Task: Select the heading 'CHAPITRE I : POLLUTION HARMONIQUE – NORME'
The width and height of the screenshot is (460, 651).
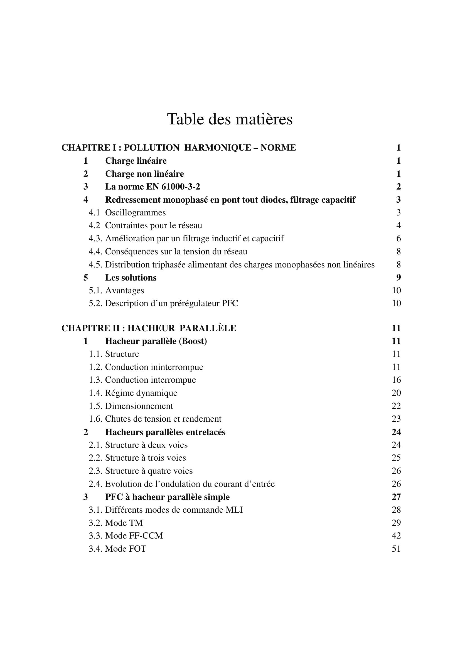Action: pos(179,148)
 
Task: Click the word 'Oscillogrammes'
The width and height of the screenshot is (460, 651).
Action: pos(135,213)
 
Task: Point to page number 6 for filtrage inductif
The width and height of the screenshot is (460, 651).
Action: pos(398,239)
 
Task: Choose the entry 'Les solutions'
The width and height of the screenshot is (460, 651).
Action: pos(131,277)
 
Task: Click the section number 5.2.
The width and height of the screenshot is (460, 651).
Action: pos(95,303)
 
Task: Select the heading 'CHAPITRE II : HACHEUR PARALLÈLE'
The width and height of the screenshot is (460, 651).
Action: pos(149,328)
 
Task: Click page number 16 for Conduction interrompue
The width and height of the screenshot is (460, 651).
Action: pos(396,380)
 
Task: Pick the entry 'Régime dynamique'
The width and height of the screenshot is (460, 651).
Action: pos(141,393)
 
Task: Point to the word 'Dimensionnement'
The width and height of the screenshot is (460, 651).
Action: pos(139,406)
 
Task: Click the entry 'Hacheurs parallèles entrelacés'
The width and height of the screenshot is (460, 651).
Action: pos(165,432)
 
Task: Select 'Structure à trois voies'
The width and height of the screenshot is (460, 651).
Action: pos(145,458)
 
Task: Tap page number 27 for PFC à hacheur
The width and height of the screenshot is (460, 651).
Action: pos(396,497)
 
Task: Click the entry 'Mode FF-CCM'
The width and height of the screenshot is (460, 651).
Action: pos(134,535)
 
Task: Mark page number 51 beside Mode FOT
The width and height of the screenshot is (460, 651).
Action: pos(396,549)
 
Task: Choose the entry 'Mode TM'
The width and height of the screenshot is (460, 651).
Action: pos(124,523)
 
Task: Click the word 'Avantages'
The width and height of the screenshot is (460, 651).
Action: pos(124,291)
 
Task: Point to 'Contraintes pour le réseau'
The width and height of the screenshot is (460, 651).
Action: pos(153,225)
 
